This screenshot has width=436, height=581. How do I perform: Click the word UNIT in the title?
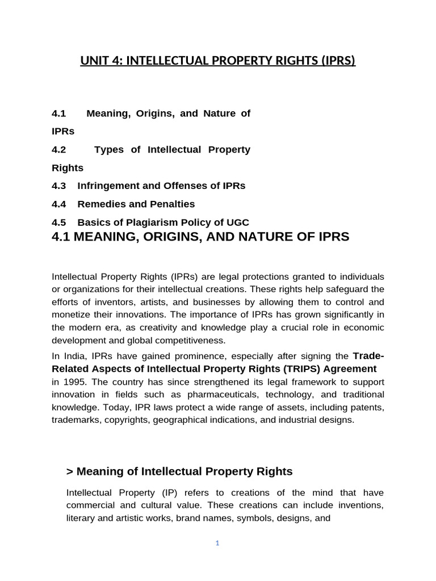94,60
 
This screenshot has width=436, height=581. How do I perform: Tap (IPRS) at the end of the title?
337,60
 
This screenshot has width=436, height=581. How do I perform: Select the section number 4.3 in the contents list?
59,186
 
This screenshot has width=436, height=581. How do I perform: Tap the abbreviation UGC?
237,222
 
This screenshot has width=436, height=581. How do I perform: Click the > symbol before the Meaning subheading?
70,471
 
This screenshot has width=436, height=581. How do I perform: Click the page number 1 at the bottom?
217,543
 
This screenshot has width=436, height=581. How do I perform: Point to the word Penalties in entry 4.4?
174,204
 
